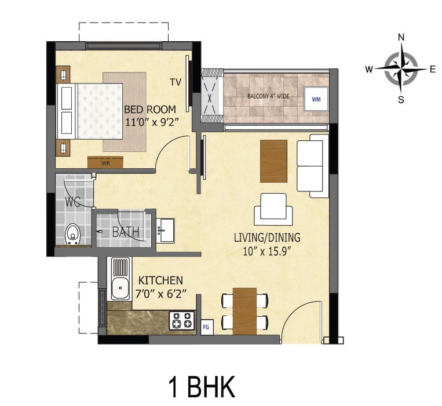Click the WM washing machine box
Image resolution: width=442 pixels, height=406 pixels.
coord(316,99)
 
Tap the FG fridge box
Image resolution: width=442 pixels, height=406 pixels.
coord(206,328)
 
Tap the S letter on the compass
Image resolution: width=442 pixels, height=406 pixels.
coord(401,99)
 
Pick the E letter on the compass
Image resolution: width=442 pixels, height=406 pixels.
coord(432,69)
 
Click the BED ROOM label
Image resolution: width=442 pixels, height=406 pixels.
coord(149,109)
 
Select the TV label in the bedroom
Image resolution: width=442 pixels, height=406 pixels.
coord(176,82)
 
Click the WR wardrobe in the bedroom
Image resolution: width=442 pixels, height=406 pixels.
coord(105,163)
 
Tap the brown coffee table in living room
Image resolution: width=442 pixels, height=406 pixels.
coord(273,160)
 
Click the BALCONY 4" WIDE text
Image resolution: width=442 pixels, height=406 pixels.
coord(268,96)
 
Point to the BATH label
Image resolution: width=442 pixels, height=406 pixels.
coord(126,232)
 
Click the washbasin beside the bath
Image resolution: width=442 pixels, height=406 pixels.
coord(166,230)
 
